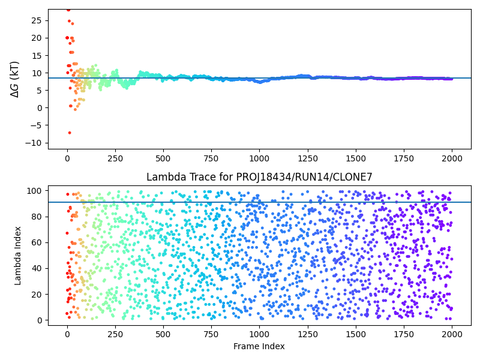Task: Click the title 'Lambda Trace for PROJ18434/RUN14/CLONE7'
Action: click(259, 177)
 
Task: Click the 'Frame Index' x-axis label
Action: click(259, 346)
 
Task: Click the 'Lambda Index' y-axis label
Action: click(17, 256)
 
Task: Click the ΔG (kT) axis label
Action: click(14, 79)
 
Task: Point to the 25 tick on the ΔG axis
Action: click(36, 20)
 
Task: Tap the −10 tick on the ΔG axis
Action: click(33, 143)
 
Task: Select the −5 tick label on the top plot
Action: click(35, 125)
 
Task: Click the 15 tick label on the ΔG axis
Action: click(36, 56)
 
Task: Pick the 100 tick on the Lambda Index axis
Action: click(34, 191)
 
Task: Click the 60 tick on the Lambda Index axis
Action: click(36, 242)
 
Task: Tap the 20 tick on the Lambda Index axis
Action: click(36, 295)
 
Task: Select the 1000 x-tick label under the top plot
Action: click(259, 158)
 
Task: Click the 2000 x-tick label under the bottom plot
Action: click(452, 334)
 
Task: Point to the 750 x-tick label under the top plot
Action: click(211, 158)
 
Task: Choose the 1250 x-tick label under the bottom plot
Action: click(308, 334)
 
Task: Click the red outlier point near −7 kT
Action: click(70, 133)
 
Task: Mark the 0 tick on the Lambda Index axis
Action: click(39, 320)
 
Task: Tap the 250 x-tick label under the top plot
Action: click(115, 158)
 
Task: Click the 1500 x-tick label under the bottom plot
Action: click(356, 334)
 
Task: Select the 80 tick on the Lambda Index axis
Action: click(36, 217)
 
